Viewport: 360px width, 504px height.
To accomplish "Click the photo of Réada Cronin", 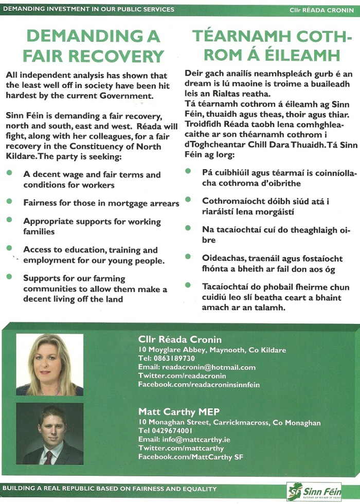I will pyautogui.click(x=49, y=364).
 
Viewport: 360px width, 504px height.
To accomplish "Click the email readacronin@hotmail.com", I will pyautogui.click(x=196, y=367).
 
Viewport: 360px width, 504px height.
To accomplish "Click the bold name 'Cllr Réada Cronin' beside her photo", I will pyautogui.click(x=180, y=339).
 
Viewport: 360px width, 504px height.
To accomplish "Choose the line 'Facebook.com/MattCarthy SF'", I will pyautogui.click(x=191, y=457).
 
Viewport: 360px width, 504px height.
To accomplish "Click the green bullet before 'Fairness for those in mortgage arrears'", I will pyautogui.click(x=10, y=202).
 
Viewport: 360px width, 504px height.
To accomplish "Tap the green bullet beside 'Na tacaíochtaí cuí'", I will pyautogui.click(x=189, y=227).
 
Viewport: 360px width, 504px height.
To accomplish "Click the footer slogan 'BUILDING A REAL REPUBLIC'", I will pyautogui.click(x=109, y=489).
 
